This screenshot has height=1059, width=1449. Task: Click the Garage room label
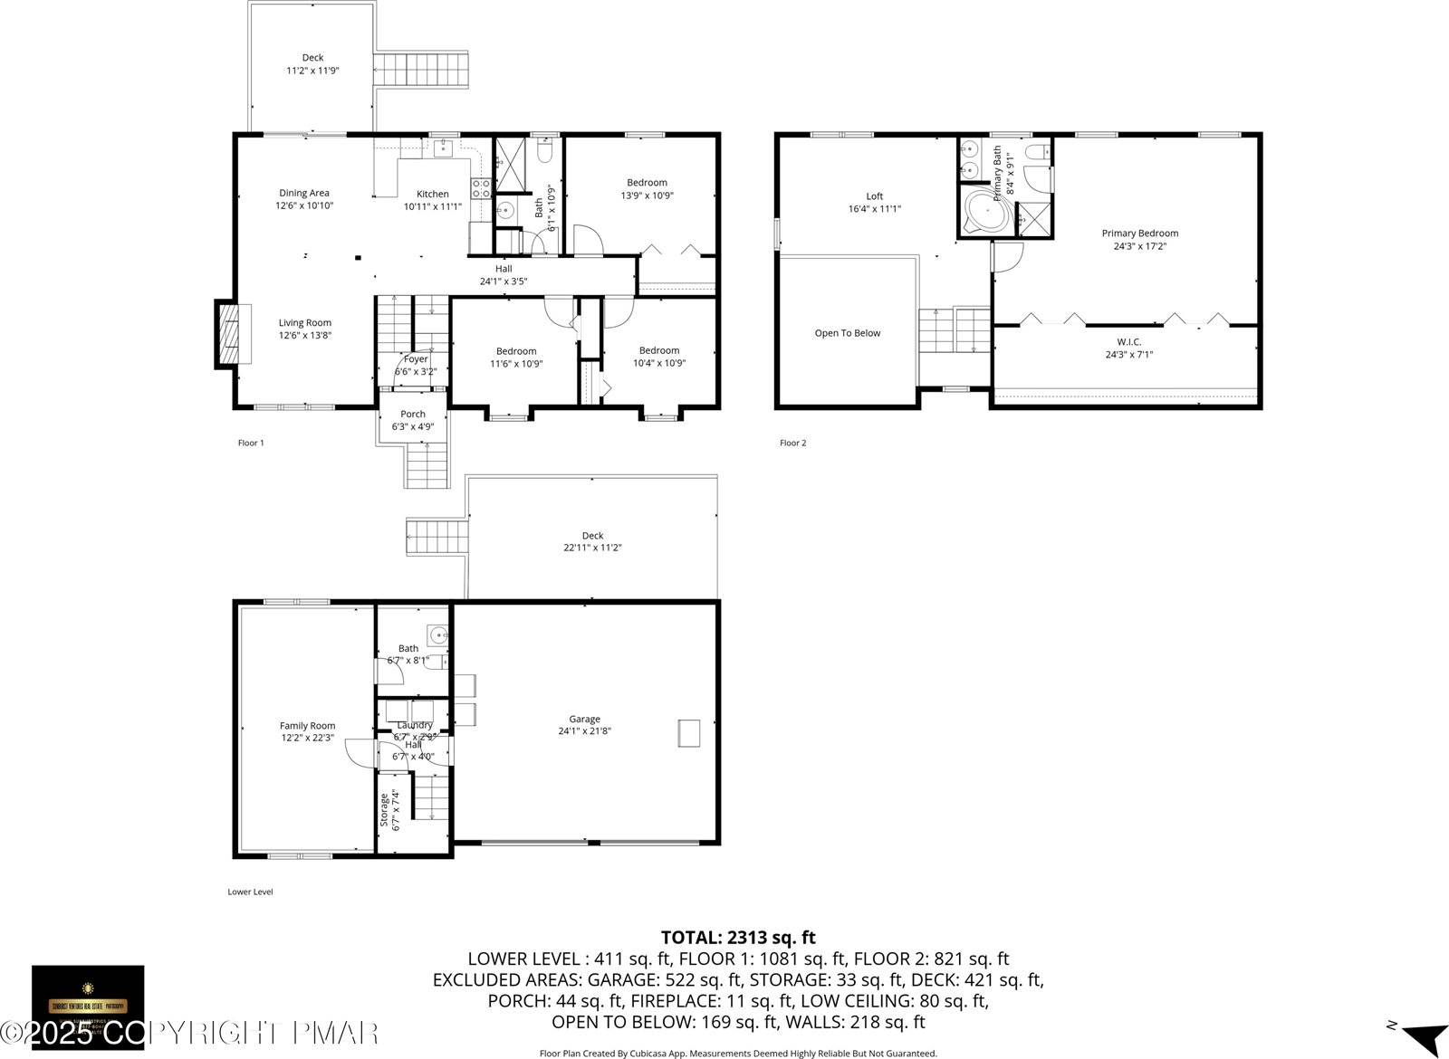[584, 720]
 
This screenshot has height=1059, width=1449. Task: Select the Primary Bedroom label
[1139, 234]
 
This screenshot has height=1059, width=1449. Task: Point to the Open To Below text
[847, 333]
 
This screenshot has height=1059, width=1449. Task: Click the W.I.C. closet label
[1128, 341]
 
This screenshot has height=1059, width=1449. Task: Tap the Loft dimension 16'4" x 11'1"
[874, 208]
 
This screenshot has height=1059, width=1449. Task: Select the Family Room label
[307, 726]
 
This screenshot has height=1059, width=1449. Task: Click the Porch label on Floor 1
[413, 415]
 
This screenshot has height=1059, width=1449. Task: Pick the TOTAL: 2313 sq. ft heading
[738, 938]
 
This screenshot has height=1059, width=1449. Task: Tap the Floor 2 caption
[792, 443]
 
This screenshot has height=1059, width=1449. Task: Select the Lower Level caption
[250, 892]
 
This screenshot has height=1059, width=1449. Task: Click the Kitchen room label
[432, 194]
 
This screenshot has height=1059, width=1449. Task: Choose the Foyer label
[416, 359]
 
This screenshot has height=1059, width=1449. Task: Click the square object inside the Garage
[689, 732]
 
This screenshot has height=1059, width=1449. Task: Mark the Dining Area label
[304, 193]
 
